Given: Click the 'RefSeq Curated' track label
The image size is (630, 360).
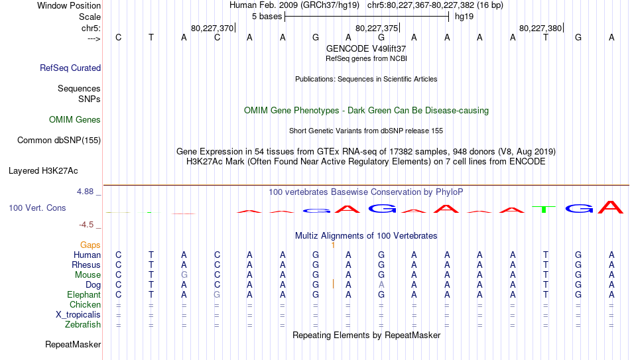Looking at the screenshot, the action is click(x=70, y=68).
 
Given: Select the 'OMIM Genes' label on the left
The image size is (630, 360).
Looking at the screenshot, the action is click(x=75, y=120).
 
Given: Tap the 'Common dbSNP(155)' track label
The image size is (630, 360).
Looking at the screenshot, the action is click(x=59, y=141).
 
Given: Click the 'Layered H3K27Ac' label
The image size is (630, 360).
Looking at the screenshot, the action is click(x=43, y=171).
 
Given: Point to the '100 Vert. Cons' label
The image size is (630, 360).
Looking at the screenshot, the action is click(x=37, y=208).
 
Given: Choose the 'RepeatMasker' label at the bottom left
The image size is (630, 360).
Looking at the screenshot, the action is click(x=73, y=344).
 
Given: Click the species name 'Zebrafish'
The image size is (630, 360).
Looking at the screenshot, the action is click(x=83, y=324).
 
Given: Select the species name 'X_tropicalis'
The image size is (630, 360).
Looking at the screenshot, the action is click(x=78, y=315).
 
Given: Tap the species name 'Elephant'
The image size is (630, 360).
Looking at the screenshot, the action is click(x=84, y=294).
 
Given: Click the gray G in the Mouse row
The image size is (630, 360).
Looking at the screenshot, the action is click(x=184, y=275).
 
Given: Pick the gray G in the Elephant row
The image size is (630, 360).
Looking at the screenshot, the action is click(x=217, y=294).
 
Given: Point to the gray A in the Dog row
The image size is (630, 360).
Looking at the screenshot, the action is click(x=381, y=285).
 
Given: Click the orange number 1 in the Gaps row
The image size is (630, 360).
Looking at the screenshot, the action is click(x=333, y=245).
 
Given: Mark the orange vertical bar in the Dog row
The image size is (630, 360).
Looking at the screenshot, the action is click(x=333, y=284).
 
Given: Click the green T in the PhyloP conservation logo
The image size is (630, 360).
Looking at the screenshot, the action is click(x=544, y=209).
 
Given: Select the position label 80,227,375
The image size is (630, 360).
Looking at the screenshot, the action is click(x=377, y=28).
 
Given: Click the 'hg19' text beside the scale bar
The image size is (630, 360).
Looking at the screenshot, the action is click(x=464, y=17).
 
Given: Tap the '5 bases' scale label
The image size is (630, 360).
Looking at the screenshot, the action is click(x=267, y=17).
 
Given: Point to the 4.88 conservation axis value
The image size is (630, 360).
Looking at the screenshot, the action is click(x=85, y=192).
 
